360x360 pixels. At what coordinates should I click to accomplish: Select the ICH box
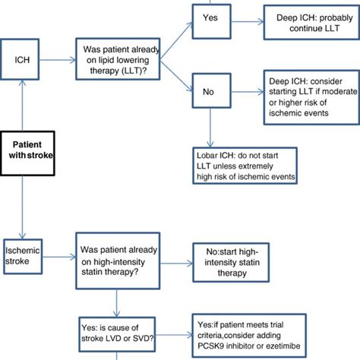point(24,57)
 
